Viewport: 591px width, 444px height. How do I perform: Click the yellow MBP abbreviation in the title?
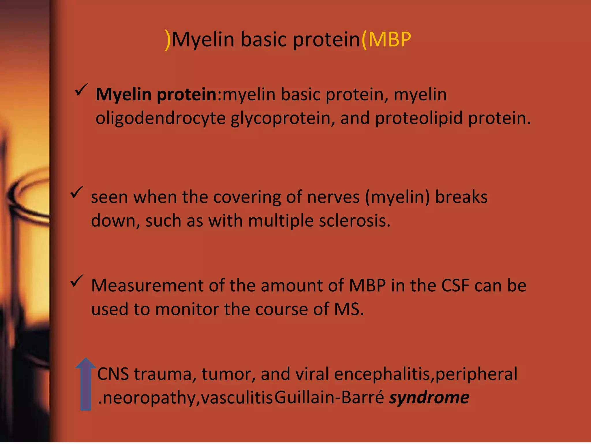click(389, 39)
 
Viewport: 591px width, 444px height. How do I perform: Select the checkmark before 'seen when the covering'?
click(77, 192)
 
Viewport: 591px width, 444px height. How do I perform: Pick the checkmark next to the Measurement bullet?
click(77, 281)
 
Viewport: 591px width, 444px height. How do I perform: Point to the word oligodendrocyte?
click(160, 119)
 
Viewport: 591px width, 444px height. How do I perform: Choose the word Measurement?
click(147, 286)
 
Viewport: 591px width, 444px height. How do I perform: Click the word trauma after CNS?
click(163, 374)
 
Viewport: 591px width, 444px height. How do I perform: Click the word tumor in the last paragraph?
click(228, 374)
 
